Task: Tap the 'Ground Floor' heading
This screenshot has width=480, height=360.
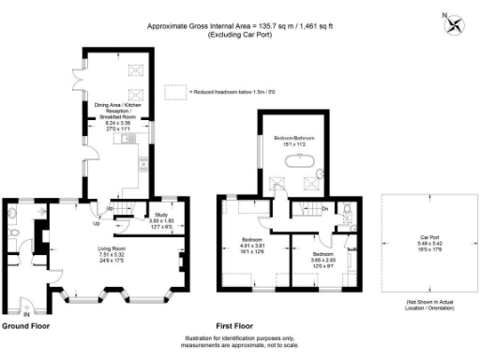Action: (24, 327)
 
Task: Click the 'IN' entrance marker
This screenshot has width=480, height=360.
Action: (26, 313)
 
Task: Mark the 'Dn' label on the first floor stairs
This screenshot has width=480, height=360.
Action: (324, 209)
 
